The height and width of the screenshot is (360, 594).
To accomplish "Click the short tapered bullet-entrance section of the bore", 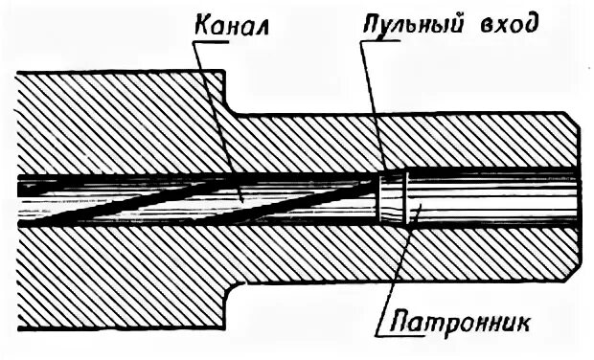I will point(393,199).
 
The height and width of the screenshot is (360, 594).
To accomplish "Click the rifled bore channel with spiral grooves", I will point(192,199).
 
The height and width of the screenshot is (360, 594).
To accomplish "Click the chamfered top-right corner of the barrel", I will point(574,119).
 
